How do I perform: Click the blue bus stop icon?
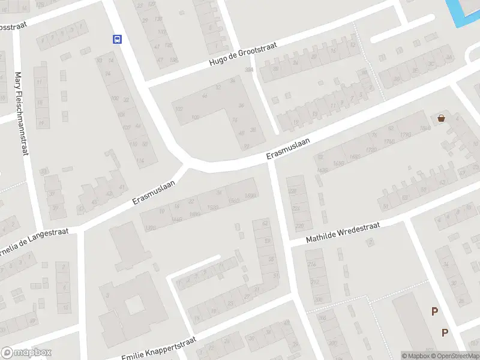(x=117, y=40)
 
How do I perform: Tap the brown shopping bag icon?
(x=442, y=118)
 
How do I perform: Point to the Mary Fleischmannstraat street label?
(x=22, y=114)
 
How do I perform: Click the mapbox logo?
(x=26, y=352)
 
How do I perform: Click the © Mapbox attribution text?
(x=416, y=356)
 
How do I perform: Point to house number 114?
(x=140, y=161)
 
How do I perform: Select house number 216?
(x=311, y=264)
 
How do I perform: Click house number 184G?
(x=425, y=128)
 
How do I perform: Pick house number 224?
(x=295, y=208)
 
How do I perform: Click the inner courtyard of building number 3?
(x=132, y=304)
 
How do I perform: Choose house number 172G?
(x=371, y=149)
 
